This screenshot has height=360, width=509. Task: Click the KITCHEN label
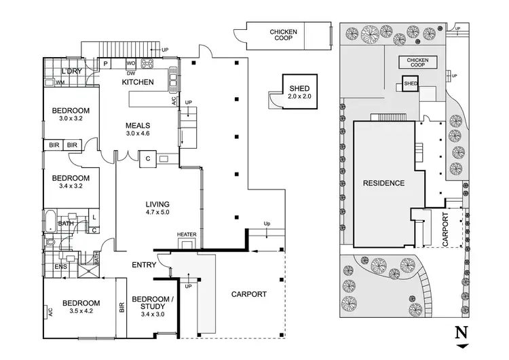[138, 83]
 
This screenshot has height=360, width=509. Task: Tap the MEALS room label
[138, 126]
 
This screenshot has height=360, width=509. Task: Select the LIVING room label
[157, 204]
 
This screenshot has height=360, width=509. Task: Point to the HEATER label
[187, 235]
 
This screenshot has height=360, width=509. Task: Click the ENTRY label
[143, 265]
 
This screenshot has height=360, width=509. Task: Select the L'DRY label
[72, 71]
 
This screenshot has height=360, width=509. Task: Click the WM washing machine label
[60, 83]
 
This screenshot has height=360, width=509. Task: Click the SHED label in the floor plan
[299, 89]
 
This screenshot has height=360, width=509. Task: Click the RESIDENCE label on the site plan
[383, 183]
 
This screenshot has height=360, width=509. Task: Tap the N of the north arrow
[461, 333]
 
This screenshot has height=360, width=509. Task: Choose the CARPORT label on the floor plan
[248, 295]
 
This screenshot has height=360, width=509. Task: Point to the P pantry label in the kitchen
[106, 65]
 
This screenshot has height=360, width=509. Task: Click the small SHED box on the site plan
[410, 84]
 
